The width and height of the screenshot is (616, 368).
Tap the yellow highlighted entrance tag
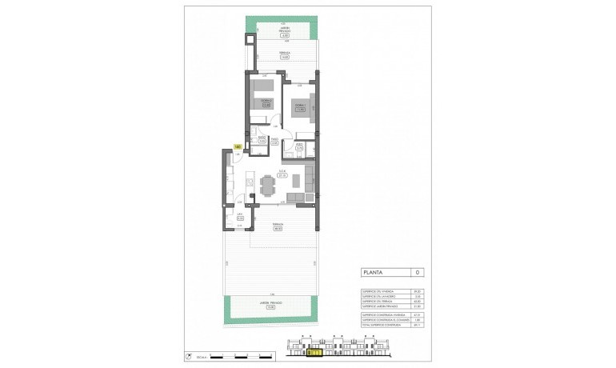(238, 146)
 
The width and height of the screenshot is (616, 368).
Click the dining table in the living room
(266, 186)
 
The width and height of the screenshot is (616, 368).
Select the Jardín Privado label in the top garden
(284, 33)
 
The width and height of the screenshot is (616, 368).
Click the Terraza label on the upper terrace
(284, 55)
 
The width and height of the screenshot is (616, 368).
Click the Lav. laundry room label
(239, 215)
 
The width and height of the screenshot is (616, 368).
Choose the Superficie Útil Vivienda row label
(373, 290)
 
